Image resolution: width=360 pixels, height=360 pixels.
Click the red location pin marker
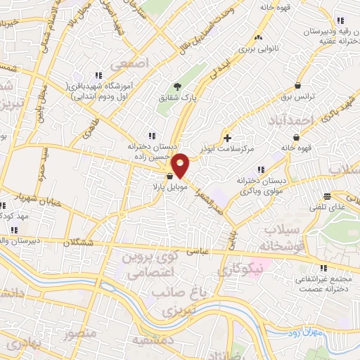(x=181, y=165)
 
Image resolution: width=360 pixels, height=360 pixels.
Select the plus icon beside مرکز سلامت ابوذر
(x=227, y=136)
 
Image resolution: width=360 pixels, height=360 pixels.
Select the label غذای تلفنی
(x=327, y=208)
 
